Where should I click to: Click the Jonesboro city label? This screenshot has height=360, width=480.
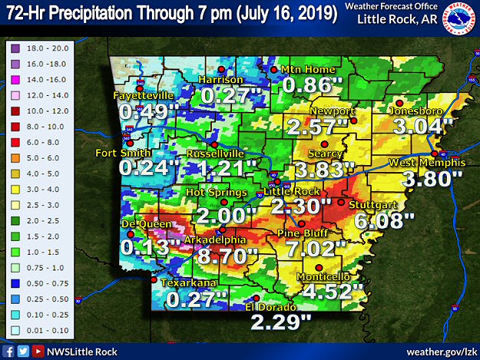click(x=414, y=109)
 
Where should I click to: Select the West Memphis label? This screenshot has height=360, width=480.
click(x=427, y=163)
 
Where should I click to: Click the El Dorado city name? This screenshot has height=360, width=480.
click(x=270, y=307)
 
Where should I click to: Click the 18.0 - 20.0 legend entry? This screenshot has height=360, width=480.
click(x=38, y=47)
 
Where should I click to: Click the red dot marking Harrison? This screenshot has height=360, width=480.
click(x=221, y=69)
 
